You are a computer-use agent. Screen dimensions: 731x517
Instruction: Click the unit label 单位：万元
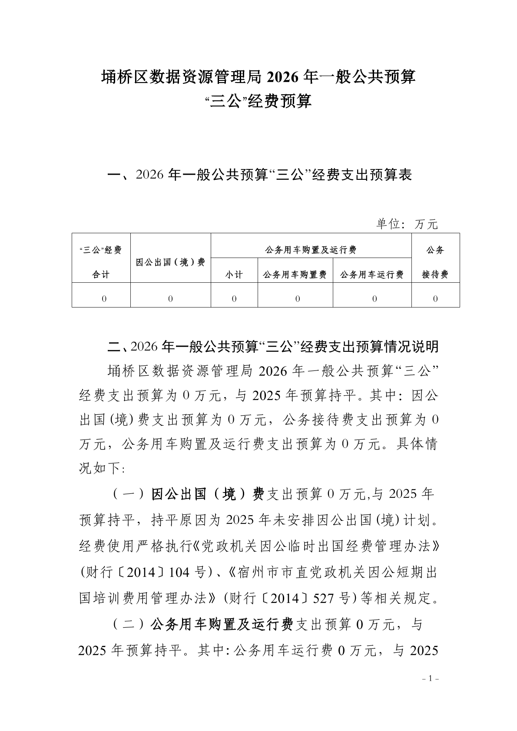pyautogui.click(x=407, y=224)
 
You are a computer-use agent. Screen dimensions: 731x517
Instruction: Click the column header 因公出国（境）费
pyautogui.click(x=170, y=262)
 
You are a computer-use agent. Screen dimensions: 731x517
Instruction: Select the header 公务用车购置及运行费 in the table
pyautogui.click(x=311, y=250)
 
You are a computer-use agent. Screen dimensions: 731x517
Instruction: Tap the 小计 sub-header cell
pyautogui.click(x=234, y=275)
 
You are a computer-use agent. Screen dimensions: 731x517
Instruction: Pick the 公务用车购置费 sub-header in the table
pyautogui.click(x=295, y=275)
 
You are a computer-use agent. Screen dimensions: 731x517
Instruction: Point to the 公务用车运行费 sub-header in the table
pyautogui.click(x=372, y=275)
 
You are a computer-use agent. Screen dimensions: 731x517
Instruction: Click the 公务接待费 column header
pyautogui.click(x=435, y=262)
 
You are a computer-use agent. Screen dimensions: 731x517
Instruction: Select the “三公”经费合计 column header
pyautogui.click(x=101, y=262)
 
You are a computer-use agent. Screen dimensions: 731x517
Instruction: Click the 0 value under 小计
pyautogui.click(x=234, y=299)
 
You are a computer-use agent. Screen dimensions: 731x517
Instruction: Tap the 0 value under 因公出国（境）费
pyautogui.click(x=170, y=299)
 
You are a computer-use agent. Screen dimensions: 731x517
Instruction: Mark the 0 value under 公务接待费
pyautogui.click(x=435, y=299)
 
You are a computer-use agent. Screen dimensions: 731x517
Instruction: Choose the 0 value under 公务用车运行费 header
pyautogui.click(x=374, y=299)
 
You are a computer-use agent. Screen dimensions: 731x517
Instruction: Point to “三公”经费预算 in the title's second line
pyautogui.click(x=258, y=102)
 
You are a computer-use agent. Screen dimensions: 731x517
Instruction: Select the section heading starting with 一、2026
pyautogui.click(x=259, y=175)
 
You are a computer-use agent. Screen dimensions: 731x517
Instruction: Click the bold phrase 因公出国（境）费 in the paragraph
pyautogui.click(x=208, y=494)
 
